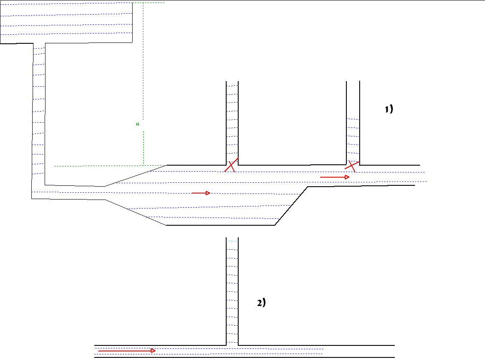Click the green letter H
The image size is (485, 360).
click(137, 124)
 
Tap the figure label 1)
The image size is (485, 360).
click(388, 109)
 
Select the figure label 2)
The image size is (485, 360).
click(261, 303)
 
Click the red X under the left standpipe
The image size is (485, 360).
click(231, 165)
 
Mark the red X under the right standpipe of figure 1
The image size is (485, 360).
click(352, 166)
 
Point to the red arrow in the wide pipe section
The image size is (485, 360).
click(200, 193)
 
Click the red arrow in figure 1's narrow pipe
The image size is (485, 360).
click(335, 177)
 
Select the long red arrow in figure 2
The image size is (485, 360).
click(126, 351)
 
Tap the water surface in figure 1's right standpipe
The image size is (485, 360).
click(353, 119)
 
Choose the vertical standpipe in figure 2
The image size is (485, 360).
click(232, 292)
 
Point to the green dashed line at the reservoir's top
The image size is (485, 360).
click(148, 3)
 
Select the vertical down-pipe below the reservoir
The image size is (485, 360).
click(39, 116)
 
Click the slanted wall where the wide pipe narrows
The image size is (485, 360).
click(291, 206)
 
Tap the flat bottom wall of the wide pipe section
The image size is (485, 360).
click(220, 225)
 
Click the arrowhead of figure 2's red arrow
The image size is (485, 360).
click(153, 351)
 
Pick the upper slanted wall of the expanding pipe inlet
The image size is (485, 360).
click(136, 175)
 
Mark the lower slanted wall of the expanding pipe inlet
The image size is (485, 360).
click(136, 212)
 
